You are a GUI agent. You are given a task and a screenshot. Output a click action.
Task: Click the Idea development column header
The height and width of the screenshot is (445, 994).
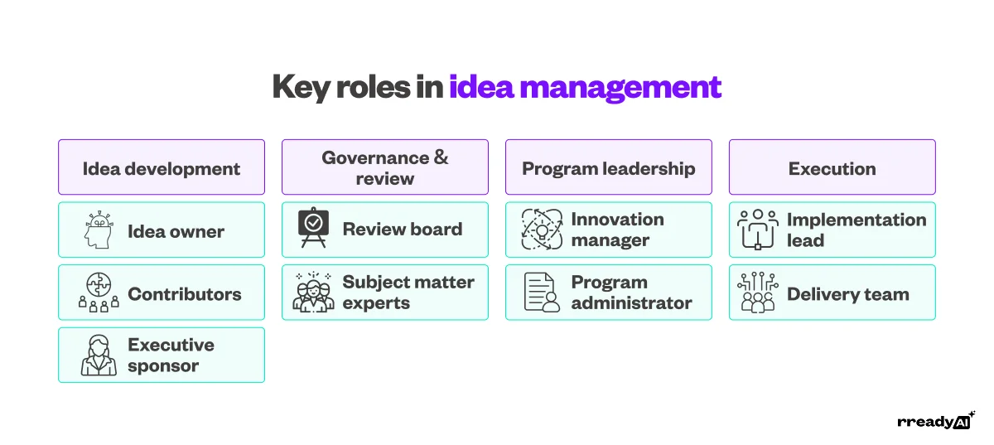tap(162, 168)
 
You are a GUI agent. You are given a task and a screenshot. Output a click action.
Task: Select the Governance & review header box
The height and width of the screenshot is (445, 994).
tap(385, 167)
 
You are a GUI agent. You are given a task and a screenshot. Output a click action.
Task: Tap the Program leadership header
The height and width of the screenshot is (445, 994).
tap(609, 168)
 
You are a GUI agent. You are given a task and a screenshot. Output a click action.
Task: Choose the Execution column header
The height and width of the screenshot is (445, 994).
tap(832, 168)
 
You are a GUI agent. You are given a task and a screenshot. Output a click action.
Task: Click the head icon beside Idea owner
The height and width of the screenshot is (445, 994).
tap(99, 230)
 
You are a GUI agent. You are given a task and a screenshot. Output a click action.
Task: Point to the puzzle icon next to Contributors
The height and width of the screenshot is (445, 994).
tap(99, 293)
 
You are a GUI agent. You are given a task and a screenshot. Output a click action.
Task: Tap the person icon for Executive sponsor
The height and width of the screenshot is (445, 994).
tap(99, 356)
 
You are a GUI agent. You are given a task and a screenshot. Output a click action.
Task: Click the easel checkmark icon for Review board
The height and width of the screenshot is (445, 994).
tap(313, 230)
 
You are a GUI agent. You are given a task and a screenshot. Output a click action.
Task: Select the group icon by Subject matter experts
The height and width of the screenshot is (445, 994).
tap(313, 293)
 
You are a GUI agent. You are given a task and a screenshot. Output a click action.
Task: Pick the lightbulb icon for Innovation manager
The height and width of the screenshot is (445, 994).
tap(543, 230)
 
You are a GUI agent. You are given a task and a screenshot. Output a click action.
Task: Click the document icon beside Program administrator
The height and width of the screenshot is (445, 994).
tap(543, 293)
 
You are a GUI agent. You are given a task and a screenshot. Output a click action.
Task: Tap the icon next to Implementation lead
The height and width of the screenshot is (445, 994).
tap(758, 230)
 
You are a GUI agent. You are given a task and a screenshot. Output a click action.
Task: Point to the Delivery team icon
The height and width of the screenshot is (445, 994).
tap(758, 293)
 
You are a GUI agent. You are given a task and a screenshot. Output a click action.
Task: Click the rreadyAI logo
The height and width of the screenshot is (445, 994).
tap(935, 421)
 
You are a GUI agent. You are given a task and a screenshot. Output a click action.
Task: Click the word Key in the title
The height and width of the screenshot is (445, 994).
tap(301, 87)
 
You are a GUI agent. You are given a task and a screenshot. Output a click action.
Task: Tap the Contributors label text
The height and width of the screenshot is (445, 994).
tap(185, 293)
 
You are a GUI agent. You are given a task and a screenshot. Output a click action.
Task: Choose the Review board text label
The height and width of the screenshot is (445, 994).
tap(403, 230)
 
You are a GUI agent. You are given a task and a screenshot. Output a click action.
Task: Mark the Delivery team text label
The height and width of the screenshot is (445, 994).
tap(848, 293)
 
